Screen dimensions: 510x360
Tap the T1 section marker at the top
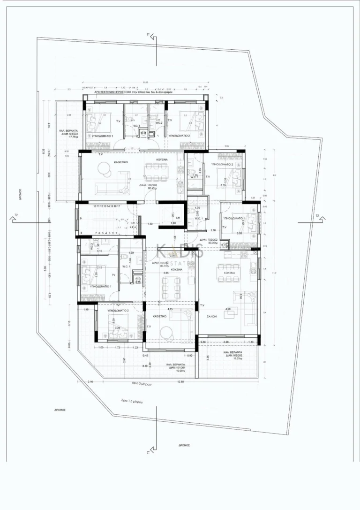148,35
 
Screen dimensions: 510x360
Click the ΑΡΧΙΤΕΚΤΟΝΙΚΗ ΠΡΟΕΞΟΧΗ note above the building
134,93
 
